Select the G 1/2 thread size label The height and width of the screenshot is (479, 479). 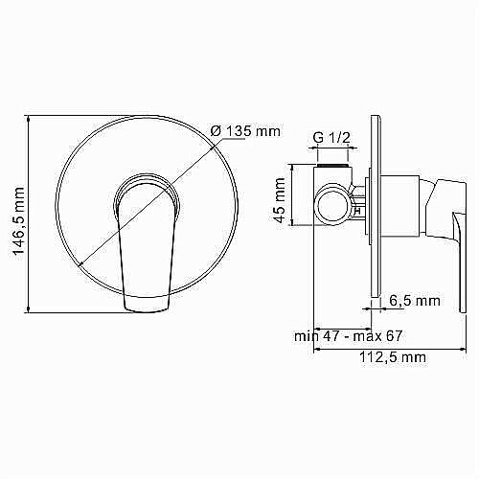331,138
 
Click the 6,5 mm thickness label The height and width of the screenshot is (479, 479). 415,301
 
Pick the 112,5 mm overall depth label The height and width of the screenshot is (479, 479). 391,357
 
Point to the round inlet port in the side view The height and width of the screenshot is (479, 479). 331,203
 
